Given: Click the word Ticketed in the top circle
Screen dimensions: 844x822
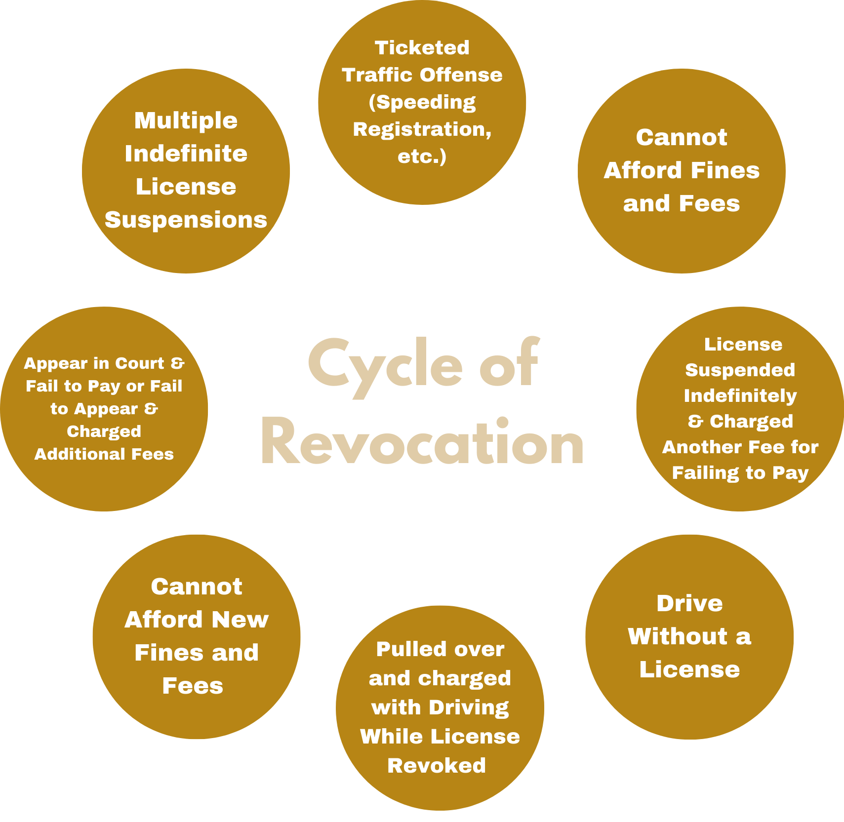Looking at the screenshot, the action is [422, 48].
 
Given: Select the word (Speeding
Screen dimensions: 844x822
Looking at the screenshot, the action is [422, 103].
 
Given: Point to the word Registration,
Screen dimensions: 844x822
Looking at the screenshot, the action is [422, 129].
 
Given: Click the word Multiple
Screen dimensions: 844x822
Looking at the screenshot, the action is [186, 121].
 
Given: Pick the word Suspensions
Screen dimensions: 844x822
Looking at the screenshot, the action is [186, 220].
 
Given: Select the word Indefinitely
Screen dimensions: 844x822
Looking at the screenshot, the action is [740, 396].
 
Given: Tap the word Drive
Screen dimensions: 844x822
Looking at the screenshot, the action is [689, 603].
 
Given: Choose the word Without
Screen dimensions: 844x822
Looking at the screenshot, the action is [678, 636].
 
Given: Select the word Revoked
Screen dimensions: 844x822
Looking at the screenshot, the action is [437, 766].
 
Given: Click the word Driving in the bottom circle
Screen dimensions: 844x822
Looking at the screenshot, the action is [469, 707].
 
